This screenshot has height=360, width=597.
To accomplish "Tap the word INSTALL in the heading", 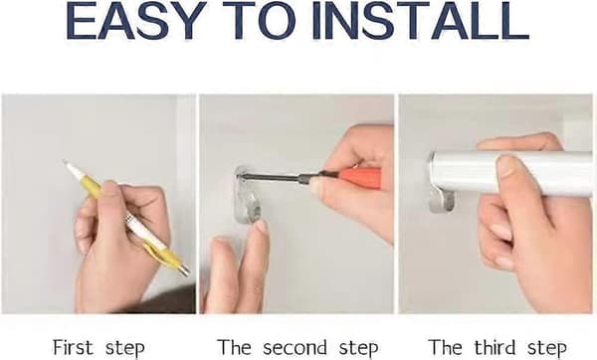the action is (x=420, y=21).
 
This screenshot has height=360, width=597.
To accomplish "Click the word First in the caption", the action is (x=73, y=347).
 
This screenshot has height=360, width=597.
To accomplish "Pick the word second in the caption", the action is (x=295, y=347).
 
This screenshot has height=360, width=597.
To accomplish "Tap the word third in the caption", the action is (x=495, y=347).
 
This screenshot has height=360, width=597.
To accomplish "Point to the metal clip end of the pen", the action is (x=184, y=270).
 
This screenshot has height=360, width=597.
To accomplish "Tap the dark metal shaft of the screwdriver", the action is (x=276, y=177).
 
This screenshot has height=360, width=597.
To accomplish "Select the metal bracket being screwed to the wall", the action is (x=248, y=195).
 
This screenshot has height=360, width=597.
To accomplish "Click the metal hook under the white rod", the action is (x=442, y=201).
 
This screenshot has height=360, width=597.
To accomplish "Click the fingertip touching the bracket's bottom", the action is (x=261, y=227).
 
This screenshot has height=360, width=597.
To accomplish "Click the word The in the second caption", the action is (x=234, y=347).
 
